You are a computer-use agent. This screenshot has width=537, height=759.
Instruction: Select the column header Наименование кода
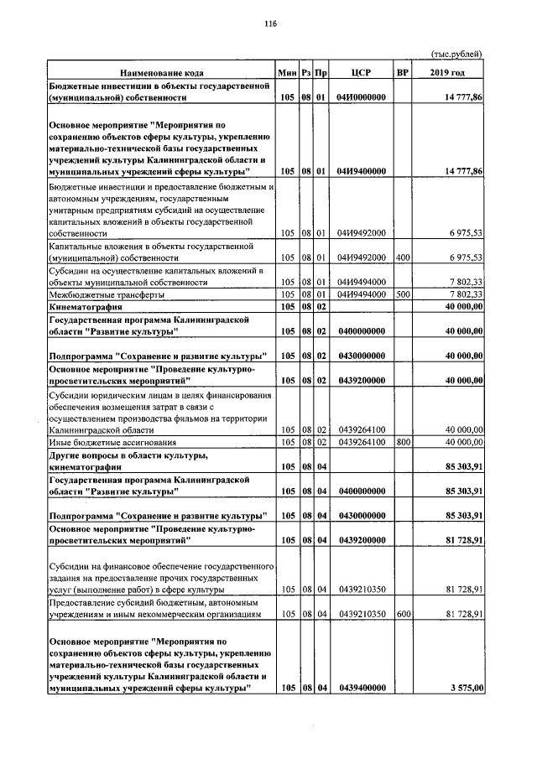click(x=161, y=74)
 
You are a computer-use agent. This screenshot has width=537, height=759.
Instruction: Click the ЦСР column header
click(x=361, y=74)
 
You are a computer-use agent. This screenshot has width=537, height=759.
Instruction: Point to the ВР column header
click(x=403, y=74)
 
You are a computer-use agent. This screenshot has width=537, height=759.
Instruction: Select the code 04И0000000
click(x=361, y=98)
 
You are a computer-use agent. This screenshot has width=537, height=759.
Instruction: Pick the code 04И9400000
click(x=361, y=171)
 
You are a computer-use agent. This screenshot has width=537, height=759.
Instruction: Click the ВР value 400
click(x=403, y=257)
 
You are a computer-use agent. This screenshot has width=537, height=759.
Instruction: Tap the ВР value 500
click(x=403, y=294)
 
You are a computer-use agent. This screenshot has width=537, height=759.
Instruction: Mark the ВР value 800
click(x=403, y=441)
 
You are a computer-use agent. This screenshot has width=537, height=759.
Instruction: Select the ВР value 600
click(x=403, y=614)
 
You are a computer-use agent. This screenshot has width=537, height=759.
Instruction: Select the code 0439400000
click(x=361, y=688)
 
